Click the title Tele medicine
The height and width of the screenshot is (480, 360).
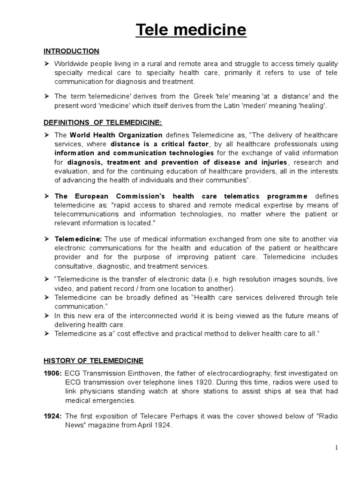pyautogui.click(x=191, y=30)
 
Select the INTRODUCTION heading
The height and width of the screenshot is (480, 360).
pyautogui.click(x=71, y=51)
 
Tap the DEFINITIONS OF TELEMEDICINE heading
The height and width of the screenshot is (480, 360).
pyautogui.click(x=103, y=122)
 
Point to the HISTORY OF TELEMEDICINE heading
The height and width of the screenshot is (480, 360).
pyautogui.click(x=93, y=360)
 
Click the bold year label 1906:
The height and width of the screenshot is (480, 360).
pyautogui.click(x=53, y=373)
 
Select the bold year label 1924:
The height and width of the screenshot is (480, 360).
pyautogui.click(x=53, y=416)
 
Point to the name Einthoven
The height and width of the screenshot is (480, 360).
pyautogui.click(x=134, y=373)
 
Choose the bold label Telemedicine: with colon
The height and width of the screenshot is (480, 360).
pyautogui.click(x=75, y=239)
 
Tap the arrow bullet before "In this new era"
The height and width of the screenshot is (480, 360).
pyautogui.click(x=46, y=316)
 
